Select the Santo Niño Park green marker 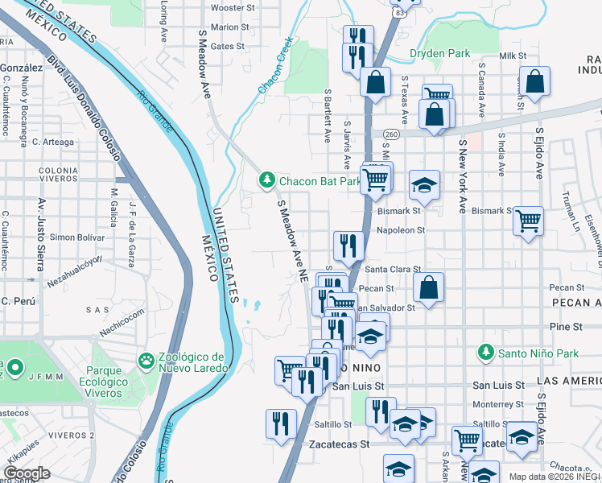click(485, 353)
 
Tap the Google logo click(27, 473)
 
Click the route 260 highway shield click(391, 134)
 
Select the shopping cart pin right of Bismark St click(528, 220)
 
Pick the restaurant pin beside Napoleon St click(348, 245)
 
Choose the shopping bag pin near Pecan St click(429, 287)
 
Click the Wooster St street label click(233, 7)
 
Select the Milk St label click(512, 56)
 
